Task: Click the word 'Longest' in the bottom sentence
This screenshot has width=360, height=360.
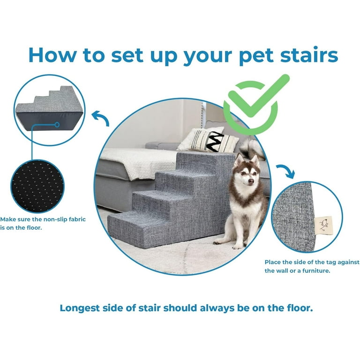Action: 85,308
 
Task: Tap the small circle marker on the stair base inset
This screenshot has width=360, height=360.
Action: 57,125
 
